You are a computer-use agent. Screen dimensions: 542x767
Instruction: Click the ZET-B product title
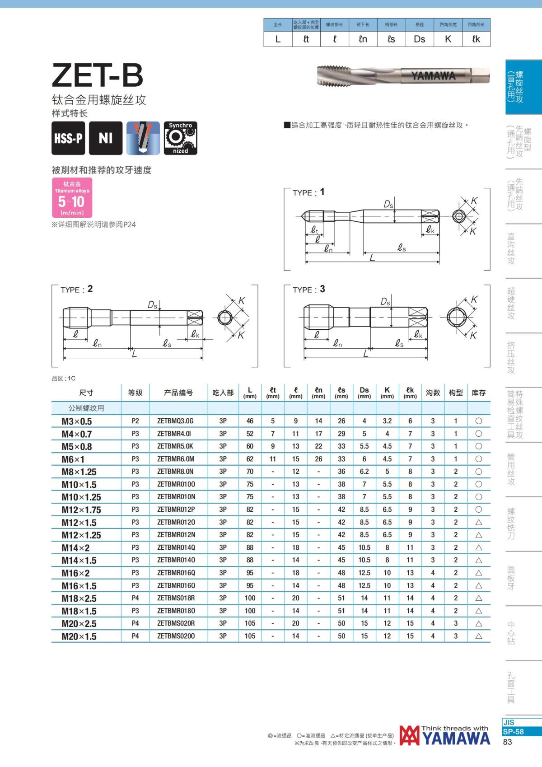[98, 75]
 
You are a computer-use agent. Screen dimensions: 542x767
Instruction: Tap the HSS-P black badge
[68, 138]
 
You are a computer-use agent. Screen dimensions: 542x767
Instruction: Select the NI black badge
[105, 138]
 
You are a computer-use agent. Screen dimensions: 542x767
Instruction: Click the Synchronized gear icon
[180, 138]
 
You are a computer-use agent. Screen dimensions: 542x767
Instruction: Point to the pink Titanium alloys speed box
[72, 197]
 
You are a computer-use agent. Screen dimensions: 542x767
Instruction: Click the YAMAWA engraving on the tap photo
[433, 76]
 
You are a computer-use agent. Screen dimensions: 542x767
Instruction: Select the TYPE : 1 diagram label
[308, 192]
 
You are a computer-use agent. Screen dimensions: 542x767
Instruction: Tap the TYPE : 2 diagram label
[76, 290]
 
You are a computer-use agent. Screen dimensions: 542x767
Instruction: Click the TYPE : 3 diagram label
[308, 290]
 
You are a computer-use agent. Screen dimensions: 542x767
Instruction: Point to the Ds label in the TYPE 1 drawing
[388, 205]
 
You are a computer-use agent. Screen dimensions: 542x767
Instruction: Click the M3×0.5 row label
[77, 421]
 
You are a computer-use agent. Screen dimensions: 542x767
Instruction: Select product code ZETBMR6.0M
[176, 459]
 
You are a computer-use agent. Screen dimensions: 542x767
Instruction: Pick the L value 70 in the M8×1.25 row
[250, 472]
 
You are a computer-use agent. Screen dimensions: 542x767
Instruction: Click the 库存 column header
[478, 393]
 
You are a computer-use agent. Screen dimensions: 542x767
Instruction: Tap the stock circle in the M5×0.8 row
[479, 446]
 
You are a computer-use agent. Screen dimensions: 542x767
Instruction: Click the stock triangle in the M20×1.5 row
[479, 636]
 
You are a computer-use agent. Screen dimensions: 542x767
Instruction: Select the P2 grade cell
[135, 421]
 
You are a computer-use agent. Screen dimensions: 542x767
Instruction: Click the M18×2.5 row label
[79, 598]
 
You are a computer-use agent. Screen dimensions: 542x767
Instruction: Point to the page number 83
[507, 742]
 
